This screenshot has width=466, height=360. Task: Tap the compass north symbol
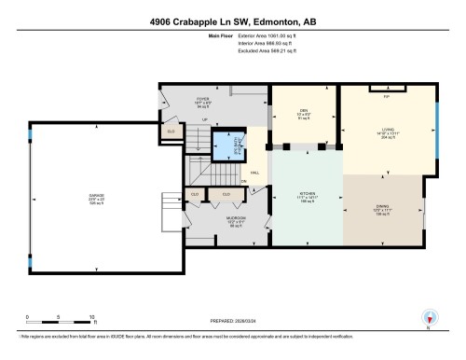point(428,317)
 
